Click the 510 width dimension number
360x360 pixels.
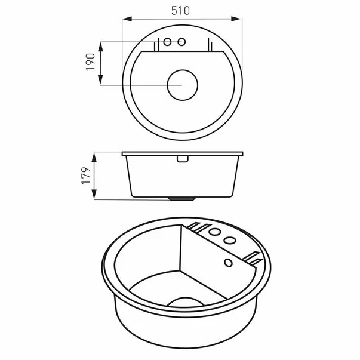coord(182,10)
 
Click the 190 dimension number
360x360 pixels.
coord(91,61)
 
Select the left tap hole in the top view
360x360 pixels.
coord(168,42)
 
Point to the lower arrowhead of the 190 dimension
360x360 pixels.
coord(100,82)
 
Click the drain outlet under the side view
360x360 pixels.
coord(182,198)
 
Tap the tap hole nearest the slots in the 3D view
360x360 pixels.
coord(216,232)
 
